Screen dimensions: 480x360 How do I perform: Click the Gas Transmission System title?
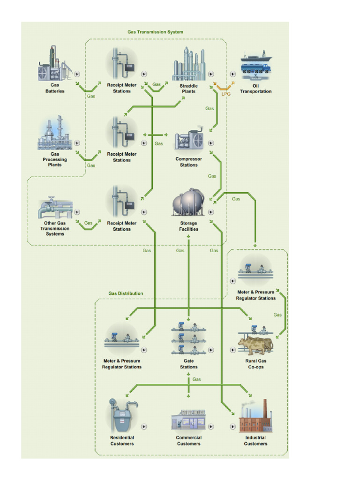tap(155, 32)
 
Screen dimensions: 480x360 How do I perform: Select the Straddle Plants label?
tap(188, 89)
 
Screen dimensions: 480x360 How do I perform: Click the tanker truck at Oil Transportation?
tap(256, 68)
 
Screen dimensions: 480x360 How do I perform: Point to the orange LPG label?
tap(226, 94)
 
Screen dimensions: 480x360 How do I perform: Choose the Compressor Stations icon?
tap(188, 139)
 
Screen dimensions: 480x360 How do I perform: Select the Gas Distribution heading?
tap(126, 293)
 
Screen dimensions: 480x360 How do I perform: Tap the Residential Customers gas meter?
tap(122, 415)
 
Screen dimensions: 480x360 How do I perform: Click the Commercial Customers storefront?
tap(188, 420)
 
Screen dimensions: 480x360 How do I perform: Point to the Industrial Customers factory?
tap(255, 417)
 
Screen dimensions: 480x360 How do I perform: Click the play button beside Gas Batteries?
tap(77, 74)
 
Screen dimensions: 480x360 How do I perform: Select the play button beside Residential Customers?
tap(144, 427)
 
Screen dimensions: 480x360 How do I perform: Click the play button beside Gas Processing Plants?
tap(77, 143)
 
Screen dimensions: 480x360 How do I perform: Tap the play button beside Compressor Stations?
tap(211, 142)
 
